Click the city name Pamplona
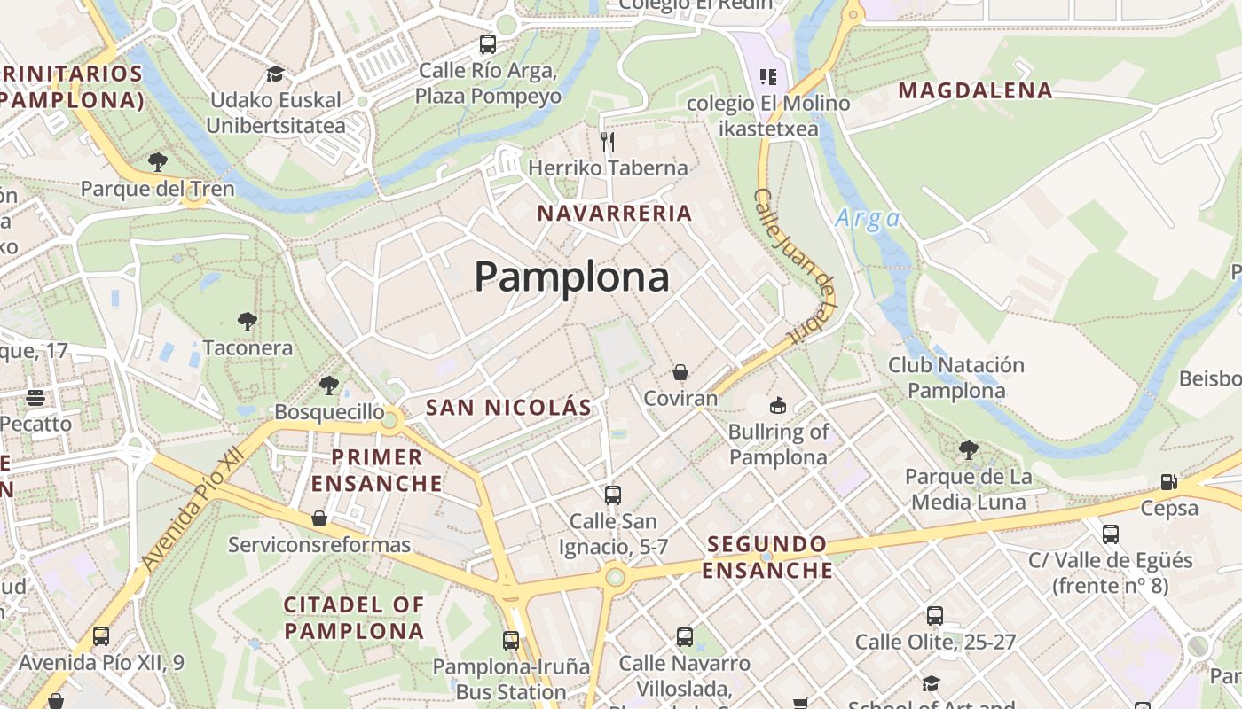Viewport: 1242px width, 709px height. [x=571, y=277]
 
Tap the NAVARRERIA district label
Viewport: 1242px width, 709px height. [x=615, y=213]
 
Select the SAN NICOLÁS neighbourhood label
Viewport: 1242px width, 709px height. [x=508, y=408]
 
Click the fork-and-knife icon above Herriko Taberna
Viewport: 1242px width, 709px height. [x=608, y=141]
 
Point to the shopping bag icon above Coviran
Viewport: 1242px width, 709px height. [x=680, y=372]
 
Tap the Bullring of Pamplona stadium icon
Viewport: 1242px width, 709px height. [x=778, y=406]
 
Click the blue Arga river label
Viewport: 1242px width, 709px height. [x=868, y=218]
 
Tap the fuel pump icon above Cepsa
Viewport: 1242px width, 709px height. [x=1169, y=482]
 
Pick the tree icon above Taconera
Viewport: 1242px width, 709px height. [x=248, y=321]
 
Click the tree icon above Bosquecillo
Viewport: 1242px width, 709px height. [x=329, y=386]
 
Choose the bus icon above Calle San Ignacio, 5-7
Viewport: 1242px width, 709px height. [x=613, y=495]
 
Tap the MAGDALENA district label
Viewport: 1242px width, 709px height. [x=975, y=90]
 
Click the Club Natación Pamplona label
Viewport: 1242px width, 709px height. [x=956, y=378]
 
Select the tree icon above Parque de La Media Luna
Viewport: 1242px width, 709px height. [x=969, y=450]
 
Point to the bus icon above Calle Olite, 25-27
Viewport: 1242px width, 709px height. [x=935, y=615]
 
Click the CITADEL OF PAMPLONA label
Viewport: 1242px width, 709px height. [x=354, y=618]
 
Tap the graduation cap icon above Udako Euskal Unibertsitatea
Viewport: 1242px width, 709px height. [x=275, y=74]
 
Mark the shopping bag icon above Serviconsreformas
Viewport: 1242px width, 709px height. [x=319, y=518]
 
